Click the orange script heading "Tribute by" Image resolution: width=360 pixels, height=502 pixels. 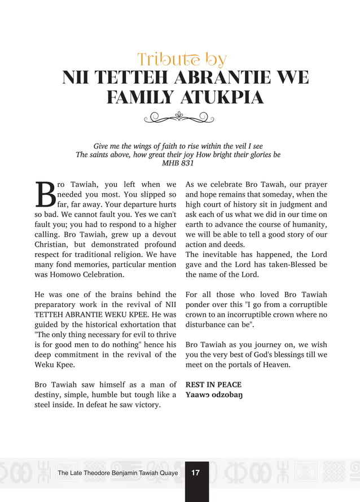[x=182, y=59]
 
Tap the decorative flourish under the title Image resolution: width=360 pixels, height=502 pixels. [x=179, y=117]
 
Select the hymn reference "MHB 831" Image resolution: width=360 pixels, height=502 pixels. [x=178, y=163]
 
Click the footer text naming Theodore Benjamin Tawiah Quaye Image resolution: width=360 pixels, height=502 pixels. [x=117, y=473]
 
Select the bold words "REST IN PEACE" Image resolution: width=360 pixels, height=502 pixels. [x=213, y=385]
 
